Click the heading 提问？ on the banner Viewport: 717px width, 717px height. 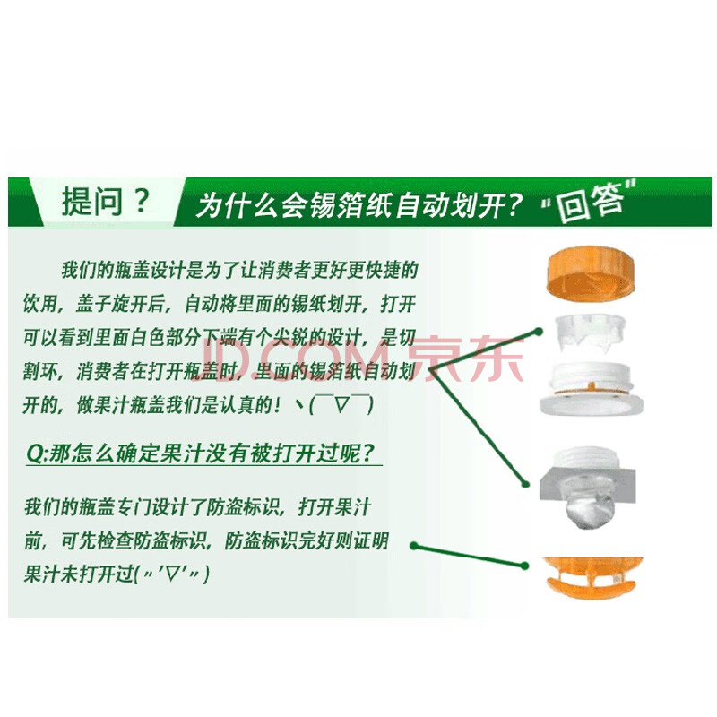(106, 201)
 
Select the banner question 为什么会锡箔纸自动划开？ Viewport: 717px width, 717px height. (359, 206)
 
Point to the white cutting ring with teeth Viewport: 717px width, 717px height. (590, 333)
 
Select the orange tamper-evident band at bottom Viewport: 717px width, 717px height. (593, 577)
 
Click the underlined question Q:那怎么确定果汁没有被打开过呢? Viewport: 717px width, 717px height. (201, 454)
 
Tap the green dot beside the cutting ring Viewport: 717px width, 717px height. (539, 332)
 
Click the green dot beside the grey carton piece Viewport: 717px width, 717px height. (526, 484)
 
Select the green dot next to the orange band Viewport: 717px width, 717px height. (524, 566)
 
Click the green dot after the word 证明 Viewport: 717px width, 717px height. (414, 546)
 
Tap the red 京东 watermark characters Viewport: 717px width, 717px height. (465, 358)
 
